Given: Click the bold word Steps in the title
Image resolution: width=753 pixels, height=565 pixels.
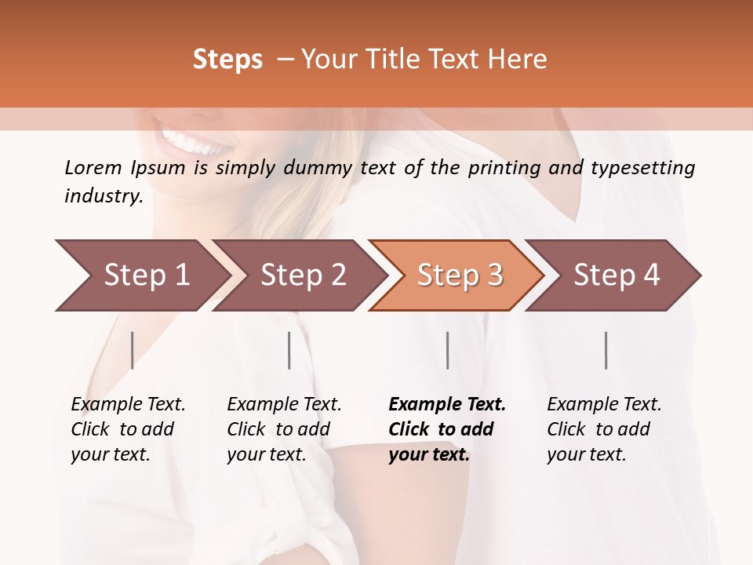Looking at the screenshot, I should tap(227, 60).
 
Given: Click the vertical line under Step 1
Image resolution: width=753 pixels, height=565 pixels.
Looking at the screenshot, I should tap(133, 350).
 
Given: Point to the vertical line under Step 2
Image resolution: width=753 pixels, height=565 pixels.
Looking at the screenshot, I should tap(289, 350).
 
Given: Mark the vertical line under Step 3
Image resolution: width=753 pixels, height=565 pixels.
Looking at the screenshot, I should tap(448, 350).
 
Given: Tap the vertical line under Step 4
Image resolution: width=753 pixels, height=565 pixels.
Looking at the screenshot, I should tap(606, 350).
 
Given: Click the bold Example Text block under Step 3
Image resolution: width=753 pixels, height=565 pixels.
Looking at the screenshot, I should tap(447, 429).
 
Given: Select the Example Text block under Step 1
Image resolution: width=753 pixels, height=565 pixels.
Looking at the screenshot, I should tap(128, 429).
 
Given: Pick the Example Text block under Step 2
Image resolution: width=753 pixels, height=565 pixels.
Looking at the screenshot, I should tap(284, 429).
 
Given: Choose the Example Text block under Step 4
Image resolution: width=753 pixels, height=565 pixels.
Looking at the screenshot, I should tap(604, 429).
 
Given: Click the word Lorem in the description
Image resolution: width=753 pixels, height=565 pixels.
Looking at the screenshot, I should tap(93, 167).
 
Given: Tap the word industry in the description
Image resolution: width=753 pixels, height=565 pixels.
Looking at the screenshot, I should tap(104, 196).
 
